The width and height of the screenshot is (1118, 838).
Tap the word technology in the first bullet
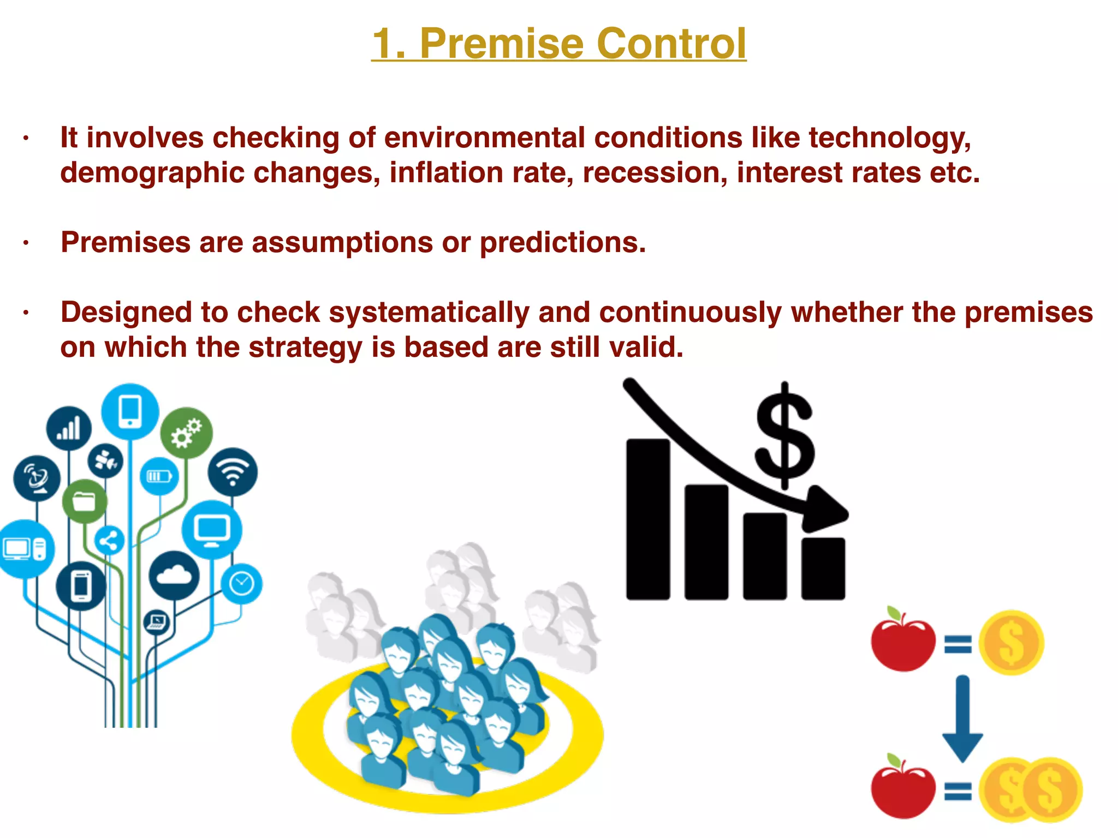890,137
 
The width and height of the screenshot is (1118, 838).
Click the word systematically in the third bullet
429,313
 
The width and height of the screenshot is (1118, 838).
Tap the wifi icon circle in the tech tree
233,472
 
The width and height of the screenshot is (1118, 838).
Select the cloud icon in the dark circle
174,575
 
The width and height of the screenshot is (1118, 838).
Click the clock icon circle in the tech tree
241,584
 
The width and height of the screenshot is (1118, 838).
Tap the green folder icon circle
84,501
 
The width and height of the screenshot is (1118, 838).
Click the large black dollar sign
785,436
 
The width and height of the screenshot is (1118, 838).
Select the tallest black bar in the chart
648,518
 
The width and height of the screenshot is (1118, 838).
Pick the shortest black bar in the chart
823,568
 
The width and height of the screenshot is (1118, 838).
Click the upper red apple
902,642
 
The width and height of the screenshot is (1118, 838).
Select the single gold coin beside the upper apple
1011,642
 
